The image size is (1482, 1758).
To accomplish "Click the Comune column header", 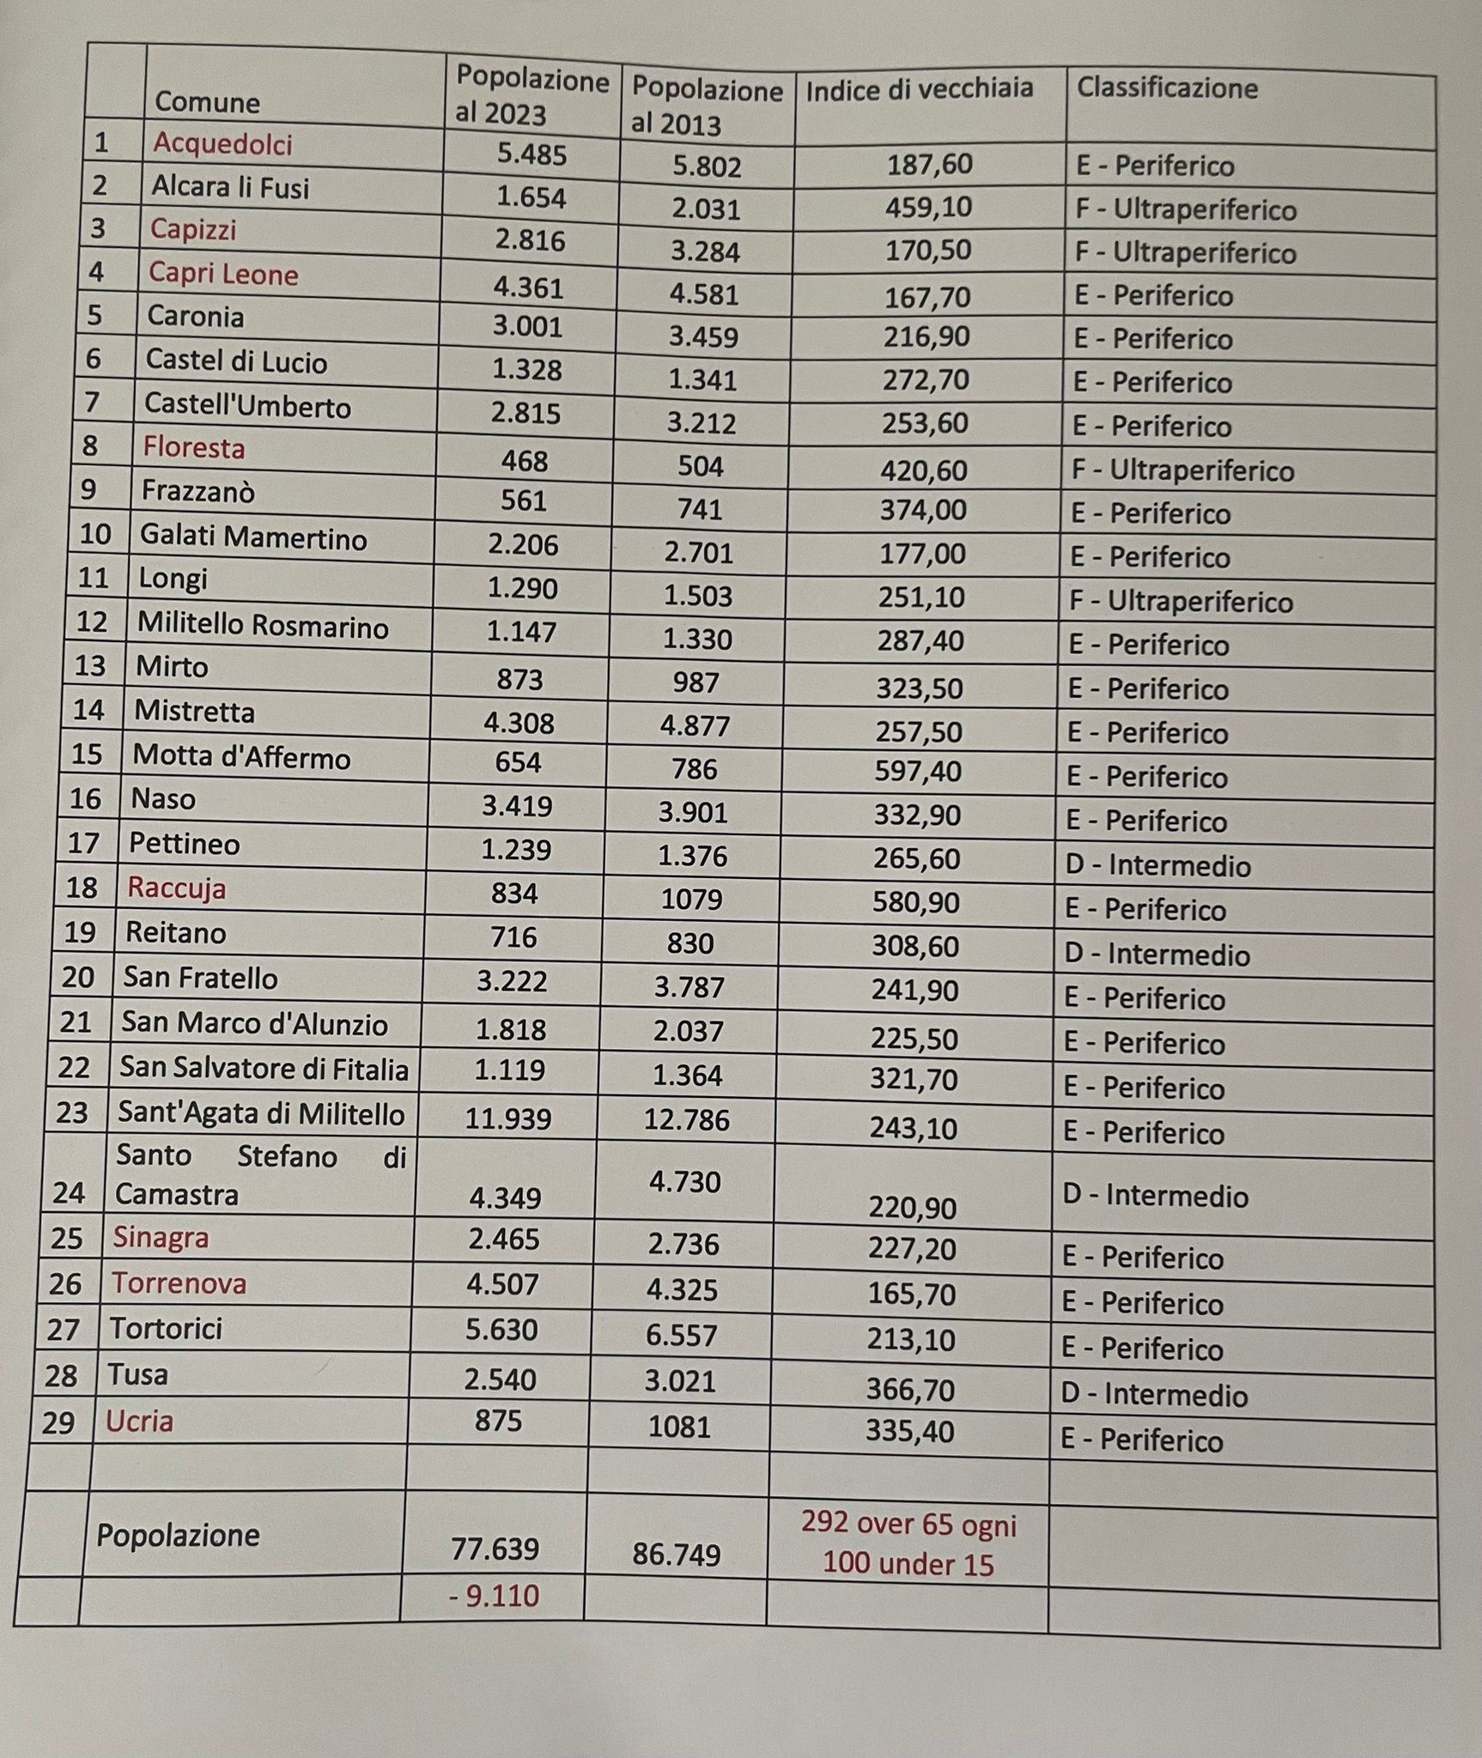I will pos(207,102).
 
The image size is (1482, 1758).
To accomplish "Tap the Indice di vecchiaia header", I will pos(919,89).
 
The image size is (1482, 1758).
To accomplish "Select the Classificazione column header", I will pos(1167,88).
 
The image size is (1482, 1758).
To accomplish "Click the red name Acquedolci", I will pos(222,143).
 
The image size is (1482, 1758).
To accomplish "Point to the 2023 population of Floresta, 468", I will pos(524,461).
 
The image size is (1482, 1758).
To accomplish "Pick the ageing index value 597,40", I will pos(918,771).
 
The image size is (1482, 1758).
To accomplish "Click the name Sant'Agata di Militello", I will pos(261,1114).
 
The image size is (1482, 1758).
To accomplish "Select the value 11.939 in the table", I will pos(507,1118).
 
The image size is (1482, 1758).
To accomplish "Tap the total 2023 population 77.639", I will pos(495,1549).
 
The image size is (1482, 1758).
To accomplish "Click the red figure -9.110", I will pos(494,1596).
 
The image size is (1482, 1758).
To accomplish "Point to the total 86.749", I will pos(677,1555).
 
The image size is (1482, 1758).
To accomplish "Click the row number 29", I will pos(58,1422).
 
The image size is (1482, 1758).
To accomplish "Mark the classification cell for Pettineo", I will pos(1157,865).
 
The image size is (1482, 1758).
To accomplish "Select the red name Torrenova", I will pos(179,1283).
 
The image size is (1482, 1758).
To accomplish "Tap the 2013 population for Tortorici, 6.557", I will pos(683,1335).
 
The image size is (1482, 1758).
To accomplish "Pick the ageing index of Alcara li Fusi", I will pos(928,208).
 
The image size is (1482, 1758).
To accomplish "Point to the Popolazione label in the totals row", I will pos(178,1534).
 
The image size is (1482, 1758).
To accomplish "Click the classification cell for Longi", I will pos(1181,602).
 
